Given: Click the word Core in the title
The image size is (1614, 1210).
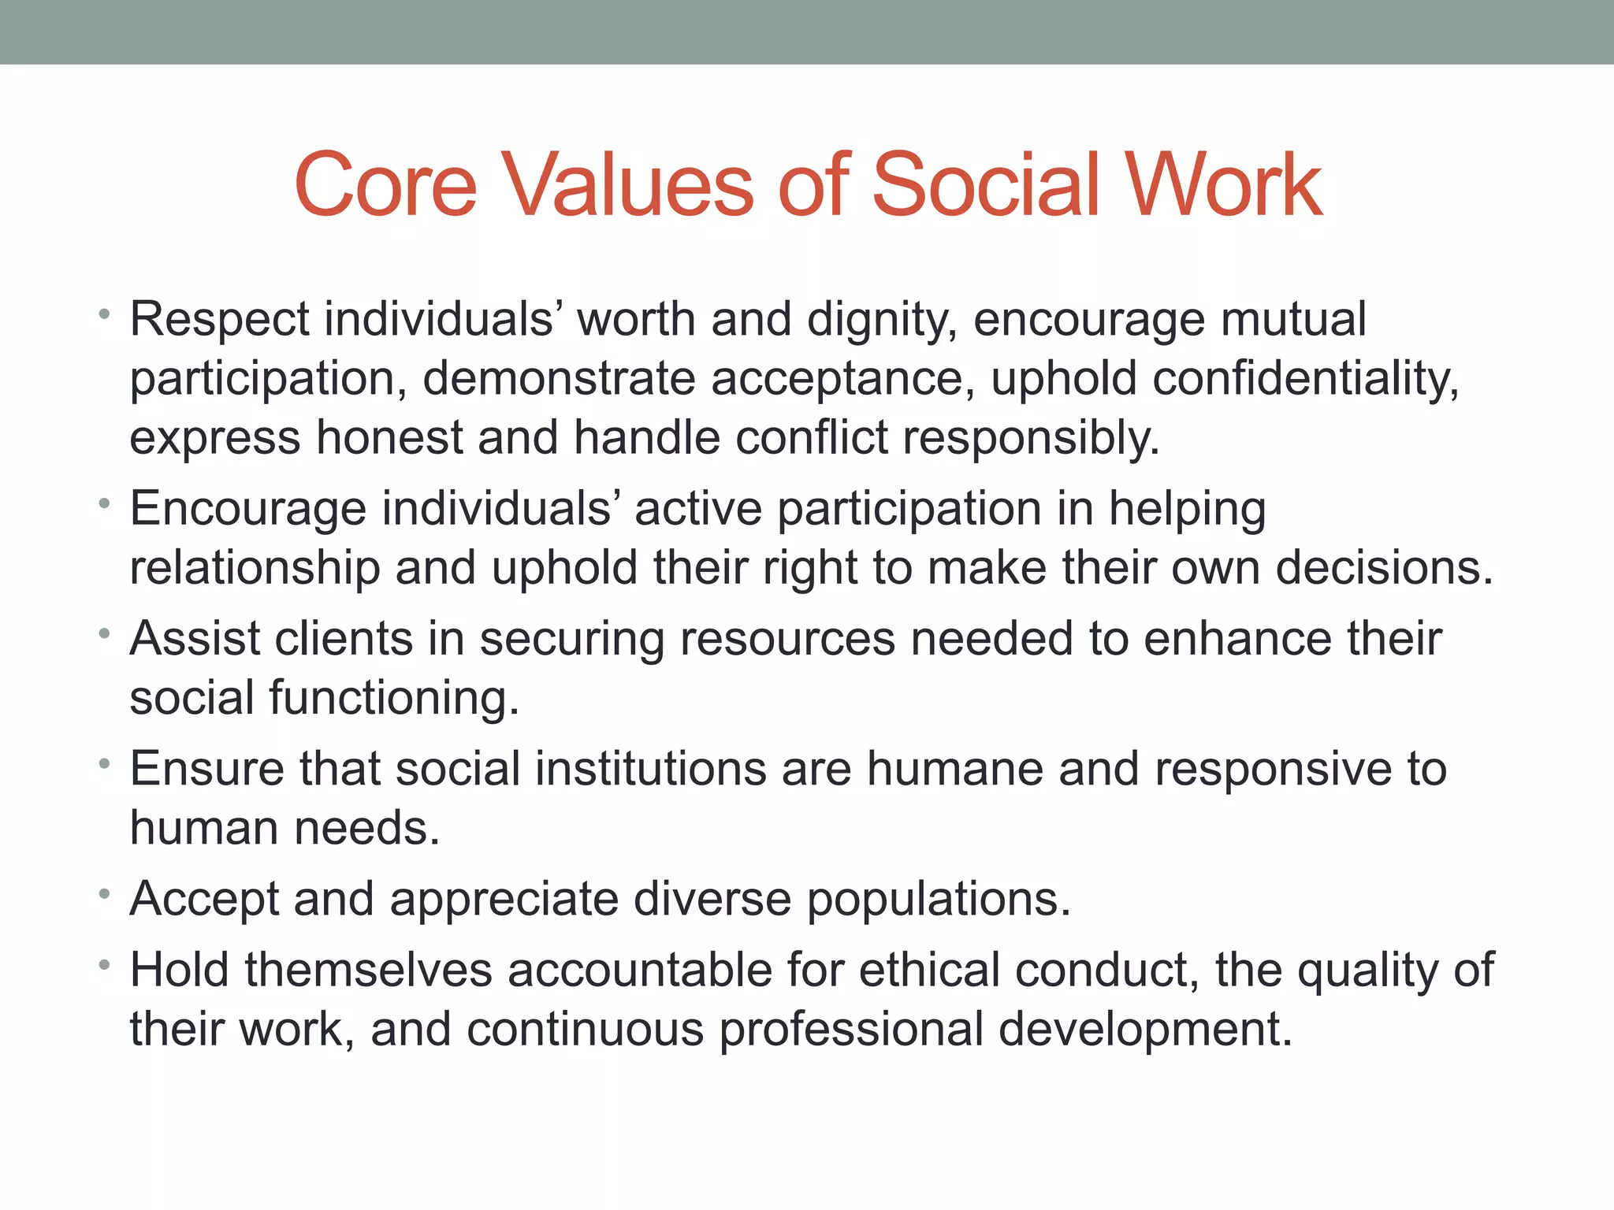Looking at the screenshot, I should (x=385, y=185).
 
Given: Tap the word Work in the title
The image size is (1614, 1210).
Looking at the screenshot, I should (x=1222, y=185).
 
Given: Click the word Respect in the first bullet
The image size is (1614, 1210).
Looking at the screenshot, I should (x=219, y=320).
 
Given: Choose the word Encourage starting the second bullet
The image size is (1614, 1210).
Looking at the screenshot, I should (x=247, y=509).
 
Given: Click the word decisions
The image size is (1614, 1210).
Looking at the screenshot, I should (x=1384, y=568).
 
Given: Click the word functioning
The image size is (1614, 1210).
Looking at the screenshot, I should (x=394, y=699).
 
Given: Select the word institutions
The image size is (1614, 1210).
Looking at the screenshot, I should (x=650, y=769).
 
